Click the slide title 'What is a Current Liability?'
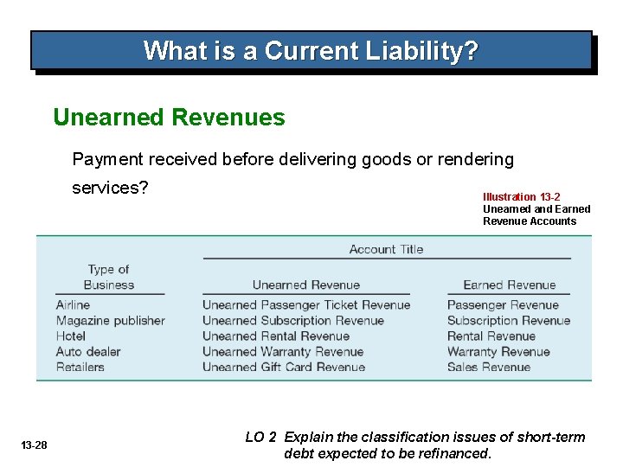pos(311,50)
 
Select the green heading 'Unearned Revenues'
pos(169,117)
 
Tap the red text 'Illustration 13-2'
pos(521,197)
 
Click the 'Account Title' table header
pos(386,249)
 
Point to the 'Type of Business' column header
pos(109,277)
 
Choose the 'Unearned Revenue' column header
pos(305,285)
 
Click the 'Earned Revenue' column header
pos(509,285)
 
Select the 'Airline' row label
pos(73,305)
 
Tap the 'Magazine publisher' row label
pos(110,321)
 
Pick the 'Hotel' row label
pos(71,336)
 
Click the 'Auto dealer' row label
pos(88,352)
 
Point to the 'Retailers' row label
pos(80,368)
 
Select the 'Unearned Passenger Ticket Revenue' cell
pos(306,305)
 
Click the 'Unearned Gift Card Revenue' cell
pos(284,368)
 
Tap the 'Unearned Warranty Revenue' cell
pos(283,352)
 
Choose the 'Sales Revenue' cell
pos(489,368)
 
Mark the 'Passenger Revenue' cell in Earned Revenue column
pos(503,305)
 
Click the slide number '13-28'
pos(35,445)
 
